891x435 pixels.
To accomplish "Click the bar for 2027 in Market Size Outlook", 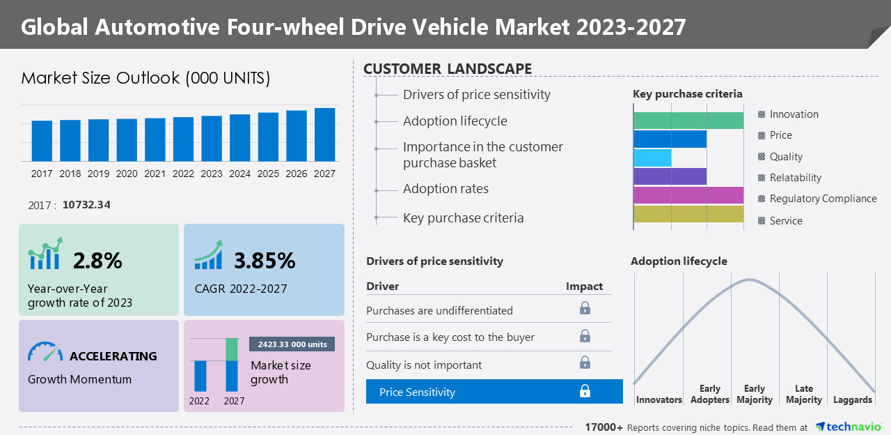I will click(x=324, y=135).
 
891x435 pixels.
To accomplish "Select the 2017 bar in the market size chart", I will click(x=42, y=141).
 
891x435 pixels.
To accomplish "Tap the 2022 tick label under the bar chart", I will click(x=183, y=174).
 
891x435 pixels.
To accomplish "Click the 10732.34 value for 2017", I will click(x=86, y=205).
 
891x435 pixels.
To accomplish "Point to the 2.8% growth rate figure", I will click(x=97, y=261).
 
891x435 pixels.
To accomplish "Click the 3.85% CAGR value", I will click(x=265, y=261).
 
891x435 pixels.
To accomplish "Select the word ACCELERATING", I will click(x=113, y=356).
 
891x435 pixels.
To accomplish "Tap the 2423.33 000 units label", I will click(x=292, y=344).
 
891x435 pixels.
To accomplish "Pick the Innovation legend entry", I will click(x=794, y=114).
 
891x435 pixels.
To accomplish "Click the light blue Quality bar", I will click(x=652, y=158).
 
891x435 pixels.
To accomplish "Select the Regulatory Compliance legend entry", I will click(x=823, y=199).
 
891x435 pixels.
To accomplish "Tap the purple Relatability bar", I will click(x=670, y=177).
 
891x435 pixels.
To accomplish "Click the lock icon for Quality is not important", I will click(x=585, y=362).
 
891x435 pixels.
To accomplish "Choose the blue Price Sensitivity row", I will click(x=494, y=392).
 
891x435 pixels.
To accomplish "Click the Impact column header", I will click(x=584, y=287).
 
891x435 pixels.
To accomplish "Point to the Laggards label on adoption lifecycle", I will click(x=852, y=400).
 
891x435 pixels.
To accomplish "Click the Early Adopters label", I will click(x=709, y=395).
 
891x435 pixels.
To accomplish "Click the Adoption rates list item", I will click(x=445, y=189).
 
